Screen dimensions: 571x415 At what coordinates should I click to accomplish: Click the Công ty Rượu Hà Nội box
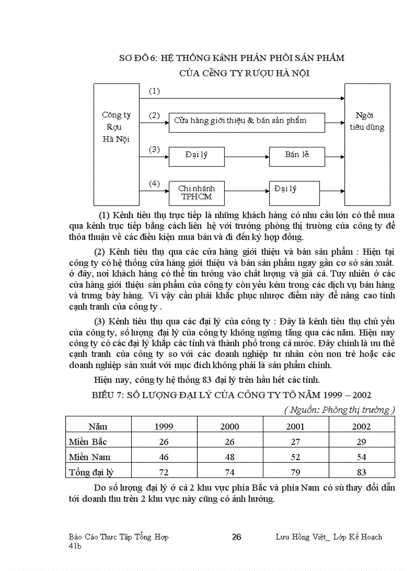click(x=116, y=144)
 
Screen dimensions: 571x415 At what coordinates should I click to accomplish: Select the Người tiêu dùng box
click(x=367, y=144)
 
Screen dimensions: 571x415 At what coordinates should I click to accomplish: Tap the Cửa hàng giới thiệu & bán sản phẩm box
click(x=247, y=122)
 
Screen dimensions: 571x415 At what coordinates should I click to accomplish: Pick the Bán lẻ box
click(x=297, y=156)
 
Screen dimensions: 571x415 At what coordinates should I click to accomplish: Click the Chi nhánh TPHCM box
click(x=196, y=192)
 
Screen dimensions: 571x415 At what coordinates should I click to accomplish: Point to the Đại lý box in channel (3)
click(x=196, y=156)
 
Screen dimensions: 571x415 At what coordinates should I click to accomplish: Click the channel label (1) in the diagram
click(x=154, y=91)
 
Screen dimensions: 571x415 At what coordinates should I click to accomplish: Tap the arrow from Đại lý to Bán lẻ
click(x=247, y=156)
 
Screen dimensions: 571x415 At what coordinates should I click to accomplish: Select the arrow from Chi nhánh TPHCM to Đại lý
click(x=247, y=191)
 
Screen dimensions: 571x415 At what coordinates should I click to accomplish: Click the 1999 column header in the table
click(x=164, y=426)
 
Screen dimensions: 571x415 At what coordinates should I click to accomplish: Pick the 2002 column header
click(x=362, y=426)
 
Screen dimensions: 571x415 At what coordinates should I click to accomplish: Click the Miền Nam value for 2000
click(x=230, y=457)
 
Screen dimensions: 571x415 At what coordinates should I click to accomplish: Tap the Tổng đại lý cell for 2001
click(x=295, y=472)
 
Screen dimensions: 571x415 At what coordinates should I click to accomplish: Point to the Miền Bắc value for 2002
click(x=362, y=441)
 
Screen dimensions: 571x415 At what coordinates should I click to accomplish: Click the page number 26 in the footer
click(x=236, y=537)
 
